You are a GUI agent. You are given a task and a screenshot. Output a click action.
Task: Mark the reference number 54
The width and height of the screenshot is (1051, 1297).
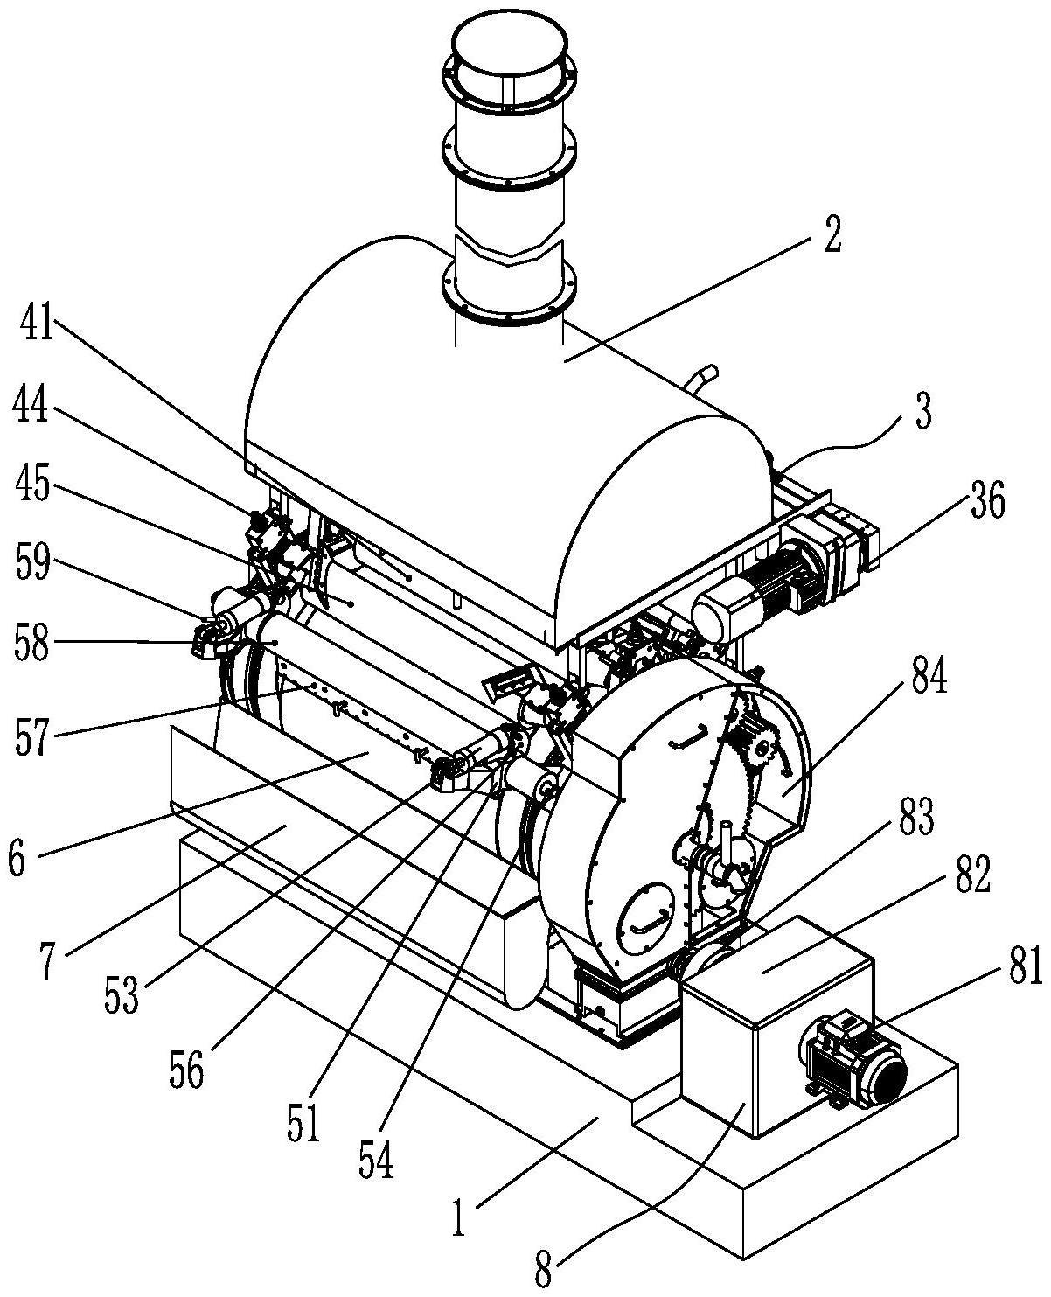tap(375, 1157)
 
